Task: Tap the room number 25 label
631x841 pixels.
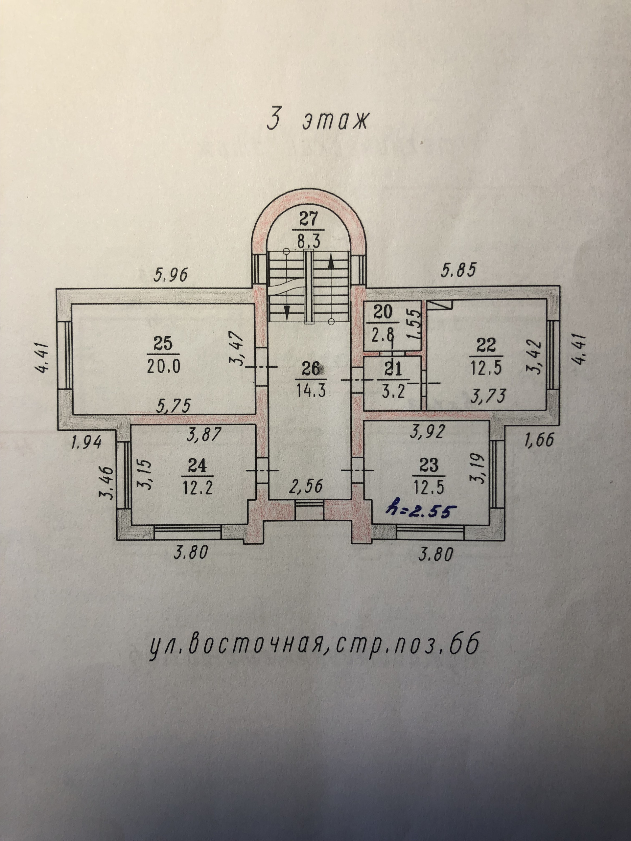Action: pos(163,344)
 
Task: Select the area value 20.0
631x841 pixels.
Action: pos(163,367)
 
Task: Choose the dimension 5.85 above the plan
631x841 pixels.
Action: pos(458,271)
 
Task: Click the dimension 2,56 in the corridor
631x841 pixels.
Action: pos(306,486)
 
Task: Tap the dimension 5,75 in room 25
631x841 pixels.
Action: pos(174,406)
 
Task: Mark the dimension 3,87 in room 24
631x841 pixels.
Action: pos(204,435)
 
